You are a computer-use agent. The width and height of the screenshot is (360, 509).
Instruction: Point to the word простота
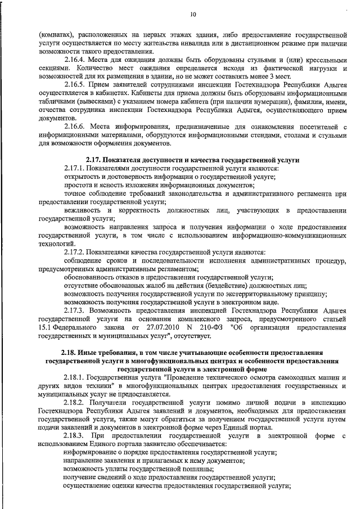[78, 184]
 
